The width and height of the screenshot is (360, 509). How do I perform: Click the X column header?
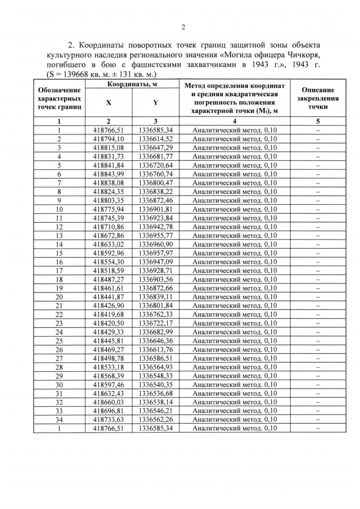[109, 103]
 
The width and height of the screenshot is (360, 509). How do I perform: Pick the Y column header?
[155, 103]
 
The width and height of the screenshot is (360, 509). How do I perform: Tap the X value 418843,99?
[109, 174]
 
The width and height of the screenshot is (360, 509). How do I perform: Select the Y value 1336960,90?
[155, 244]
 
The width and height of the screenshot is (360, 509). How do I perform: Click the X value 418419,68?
[109, 314]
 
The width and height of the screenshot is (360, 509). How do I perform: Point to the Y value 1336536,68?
[155, 393]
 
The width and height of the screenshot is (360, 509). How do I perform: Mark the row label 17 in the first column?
[58, 271]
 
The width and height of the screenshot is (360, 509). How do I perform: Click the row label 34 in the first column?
[58, 420]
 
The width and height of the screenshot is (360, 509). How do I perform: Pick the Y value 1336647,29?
[155, 147]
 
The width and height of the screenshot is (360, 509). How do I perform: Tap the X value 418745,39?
[109, 218]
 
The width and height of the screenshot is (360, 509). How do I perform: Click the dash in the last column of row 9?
[318, 200]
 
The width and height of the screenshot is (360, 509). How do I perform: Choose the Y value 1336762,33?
[155, 314]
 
